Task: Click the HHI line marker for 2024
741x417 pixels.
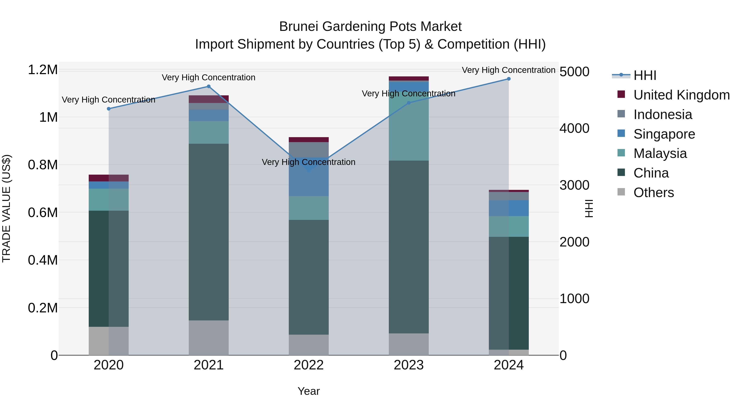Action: [x=509, y=79]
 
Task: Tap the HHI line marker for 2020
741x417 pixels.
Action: [x=109, y=109]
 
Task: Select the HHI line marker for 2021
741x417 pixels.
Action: [x=209, y=86]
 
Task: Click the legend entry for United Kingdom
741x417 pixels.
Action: [x=681, y=95]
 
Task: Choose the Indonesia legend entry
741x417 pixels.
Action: [x=662, y=114]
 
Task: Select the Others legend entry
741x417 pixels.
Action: [x=653, y=193]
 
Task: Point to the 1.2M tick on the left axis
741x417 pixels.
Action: [x=43, y=70]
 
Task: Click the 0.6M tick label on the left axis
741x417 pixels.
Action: [x=43, y=213]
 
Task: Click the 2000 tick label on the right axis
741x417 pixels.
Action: [x=574, y=242]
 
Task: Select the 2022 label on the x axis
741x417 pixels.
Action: [x=309, y=365]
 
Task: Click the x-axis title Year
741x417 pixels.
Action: [x=309, y=391]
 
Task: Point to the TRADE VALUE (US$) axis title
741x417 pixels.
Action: [x=7, y=208]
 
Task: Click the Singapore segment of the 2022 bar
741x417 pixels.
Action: [x=309, y=181]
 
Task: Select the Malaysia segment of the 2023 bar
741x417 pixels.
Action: [x=409, y=127]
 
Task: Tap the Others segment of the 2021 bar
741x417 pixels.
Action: [x=209, y=338]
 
